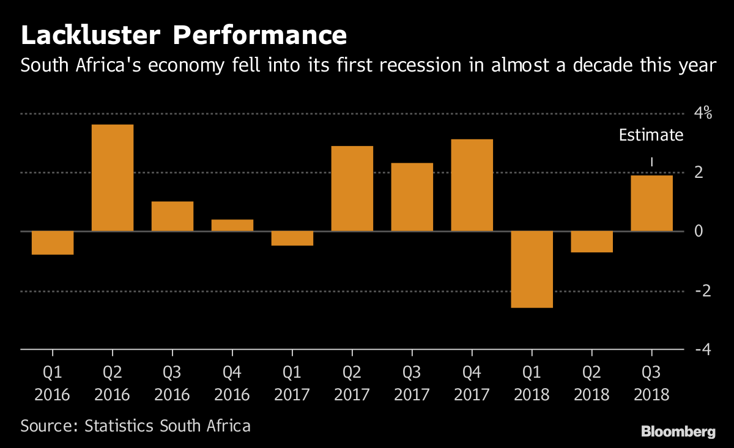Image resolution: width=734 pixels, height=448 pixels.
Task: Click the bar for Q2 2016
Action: [113, 178]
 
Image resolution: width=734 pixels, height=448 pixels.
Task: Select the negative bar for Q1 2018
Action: [532, 269]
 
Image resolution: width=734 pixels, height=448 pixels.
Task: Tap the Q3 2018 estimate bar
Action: [651, 203]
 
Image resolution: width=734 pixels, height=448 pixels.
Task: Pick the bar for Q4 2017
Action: [472, 185]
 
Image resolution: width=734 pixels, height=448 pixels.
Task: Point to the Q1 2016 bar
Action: [53, 243]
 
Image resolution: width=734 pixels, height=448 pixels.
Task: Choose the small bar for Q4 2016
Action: [232, 225]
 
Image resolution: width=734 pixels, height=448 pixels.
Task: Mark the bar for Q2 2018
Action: [592, 241]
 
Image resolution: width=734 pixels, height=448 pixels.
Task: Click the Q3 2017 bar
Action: [412, 197]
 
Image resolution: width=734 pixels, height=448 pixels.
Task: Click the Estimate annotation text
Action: [651, 135]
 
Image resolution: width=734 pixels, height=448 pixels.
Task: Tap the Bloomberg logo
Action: [678, 432]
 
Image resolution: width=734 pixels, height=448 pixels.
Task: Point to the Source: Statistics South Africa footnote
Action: [135, 425]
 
